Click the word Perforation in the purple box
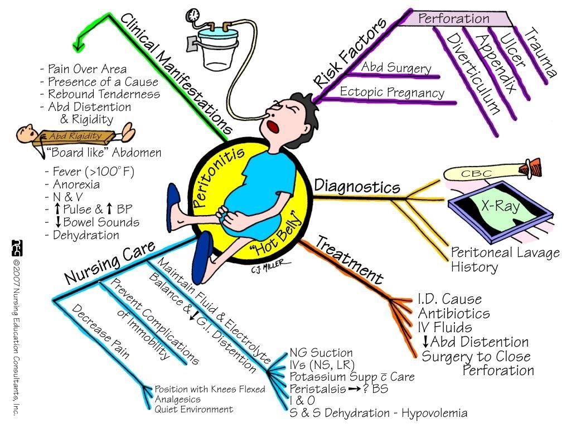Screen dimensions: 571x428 pyautogui.click(x=454, y=18)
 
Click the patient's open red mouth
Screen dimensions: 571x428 pyautogui.click(x=273, y=127)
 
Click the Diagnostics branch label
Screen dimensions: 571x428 pyautogui.click(x=357, y=186)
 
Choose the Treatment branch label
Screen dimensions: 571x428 pyautogui.click(x=350, y=260)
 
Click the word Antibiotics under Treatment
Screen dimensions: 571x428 pyautogui.click(x=454, y=313)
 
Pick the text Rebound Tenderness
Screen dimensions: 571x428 pyautogui.click(x=100, y=94)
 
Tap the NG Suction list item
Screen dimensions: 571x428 pyautogui.click(x=321, y=353)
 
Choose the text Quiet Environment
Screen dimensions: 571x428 pyautogui.click(x=193, y=409)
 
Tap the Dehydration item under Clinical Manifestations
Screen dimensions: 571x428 pyautogui.click(x=86, y=235)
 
